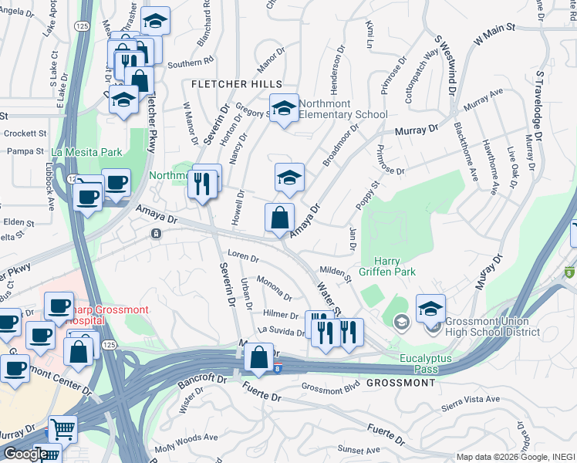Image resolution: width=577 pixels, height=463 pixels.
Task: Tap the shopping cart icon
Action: pyautogui.click(x=62, y=428)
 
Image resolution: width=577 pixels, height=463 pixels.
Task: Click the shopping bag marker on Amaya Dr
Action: pyautogui.click(x=279, y=218)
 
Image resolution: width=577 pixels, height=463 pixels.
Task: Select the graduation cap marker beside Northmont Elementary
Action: pyautogui.click(x=284, y=108)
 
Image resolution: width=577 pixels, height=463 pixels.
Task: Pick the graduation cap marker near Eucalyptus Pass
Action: pyautogui.click(x=430, y=308)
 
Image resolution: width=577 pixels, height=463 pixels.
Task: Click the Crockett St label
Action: pyautogui.click(x=20, y=133)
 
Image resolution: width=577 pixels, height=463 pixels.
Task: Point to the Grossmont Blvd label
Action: pyautogui.click(x=331, y=389)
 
